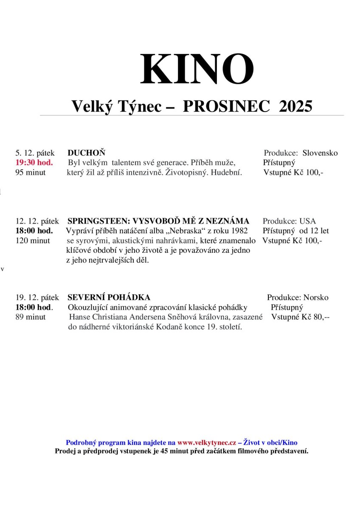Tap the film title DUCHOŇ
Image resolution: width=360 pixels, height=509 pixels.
[86, 153]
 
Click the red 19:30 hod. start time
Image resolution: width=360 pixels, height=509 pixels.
[34, 162]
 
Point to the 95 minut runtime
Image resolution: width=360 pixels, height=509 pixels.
[31, 172]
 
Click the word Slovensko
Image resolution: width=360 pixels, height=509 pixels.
[320, 153]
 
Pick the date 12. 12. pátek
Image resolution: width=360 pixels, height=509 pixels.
[37, 221]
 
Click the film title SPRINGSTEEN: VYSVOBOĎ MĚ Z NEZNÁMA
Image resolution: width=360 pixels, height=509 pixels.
[158, 221]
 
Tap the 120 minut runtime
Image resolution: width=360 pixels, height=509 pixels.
[33, 241]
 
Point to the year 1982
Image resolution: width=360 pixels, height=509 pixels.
[237, 231]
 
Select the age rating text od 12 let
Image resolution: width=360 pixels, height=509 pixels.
[314, 231]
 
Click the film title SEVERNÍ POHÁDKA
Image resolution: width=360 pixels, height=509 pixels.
[109, 297]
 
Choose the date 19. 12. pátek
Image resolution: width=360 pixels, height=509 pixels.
[37, 297]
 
